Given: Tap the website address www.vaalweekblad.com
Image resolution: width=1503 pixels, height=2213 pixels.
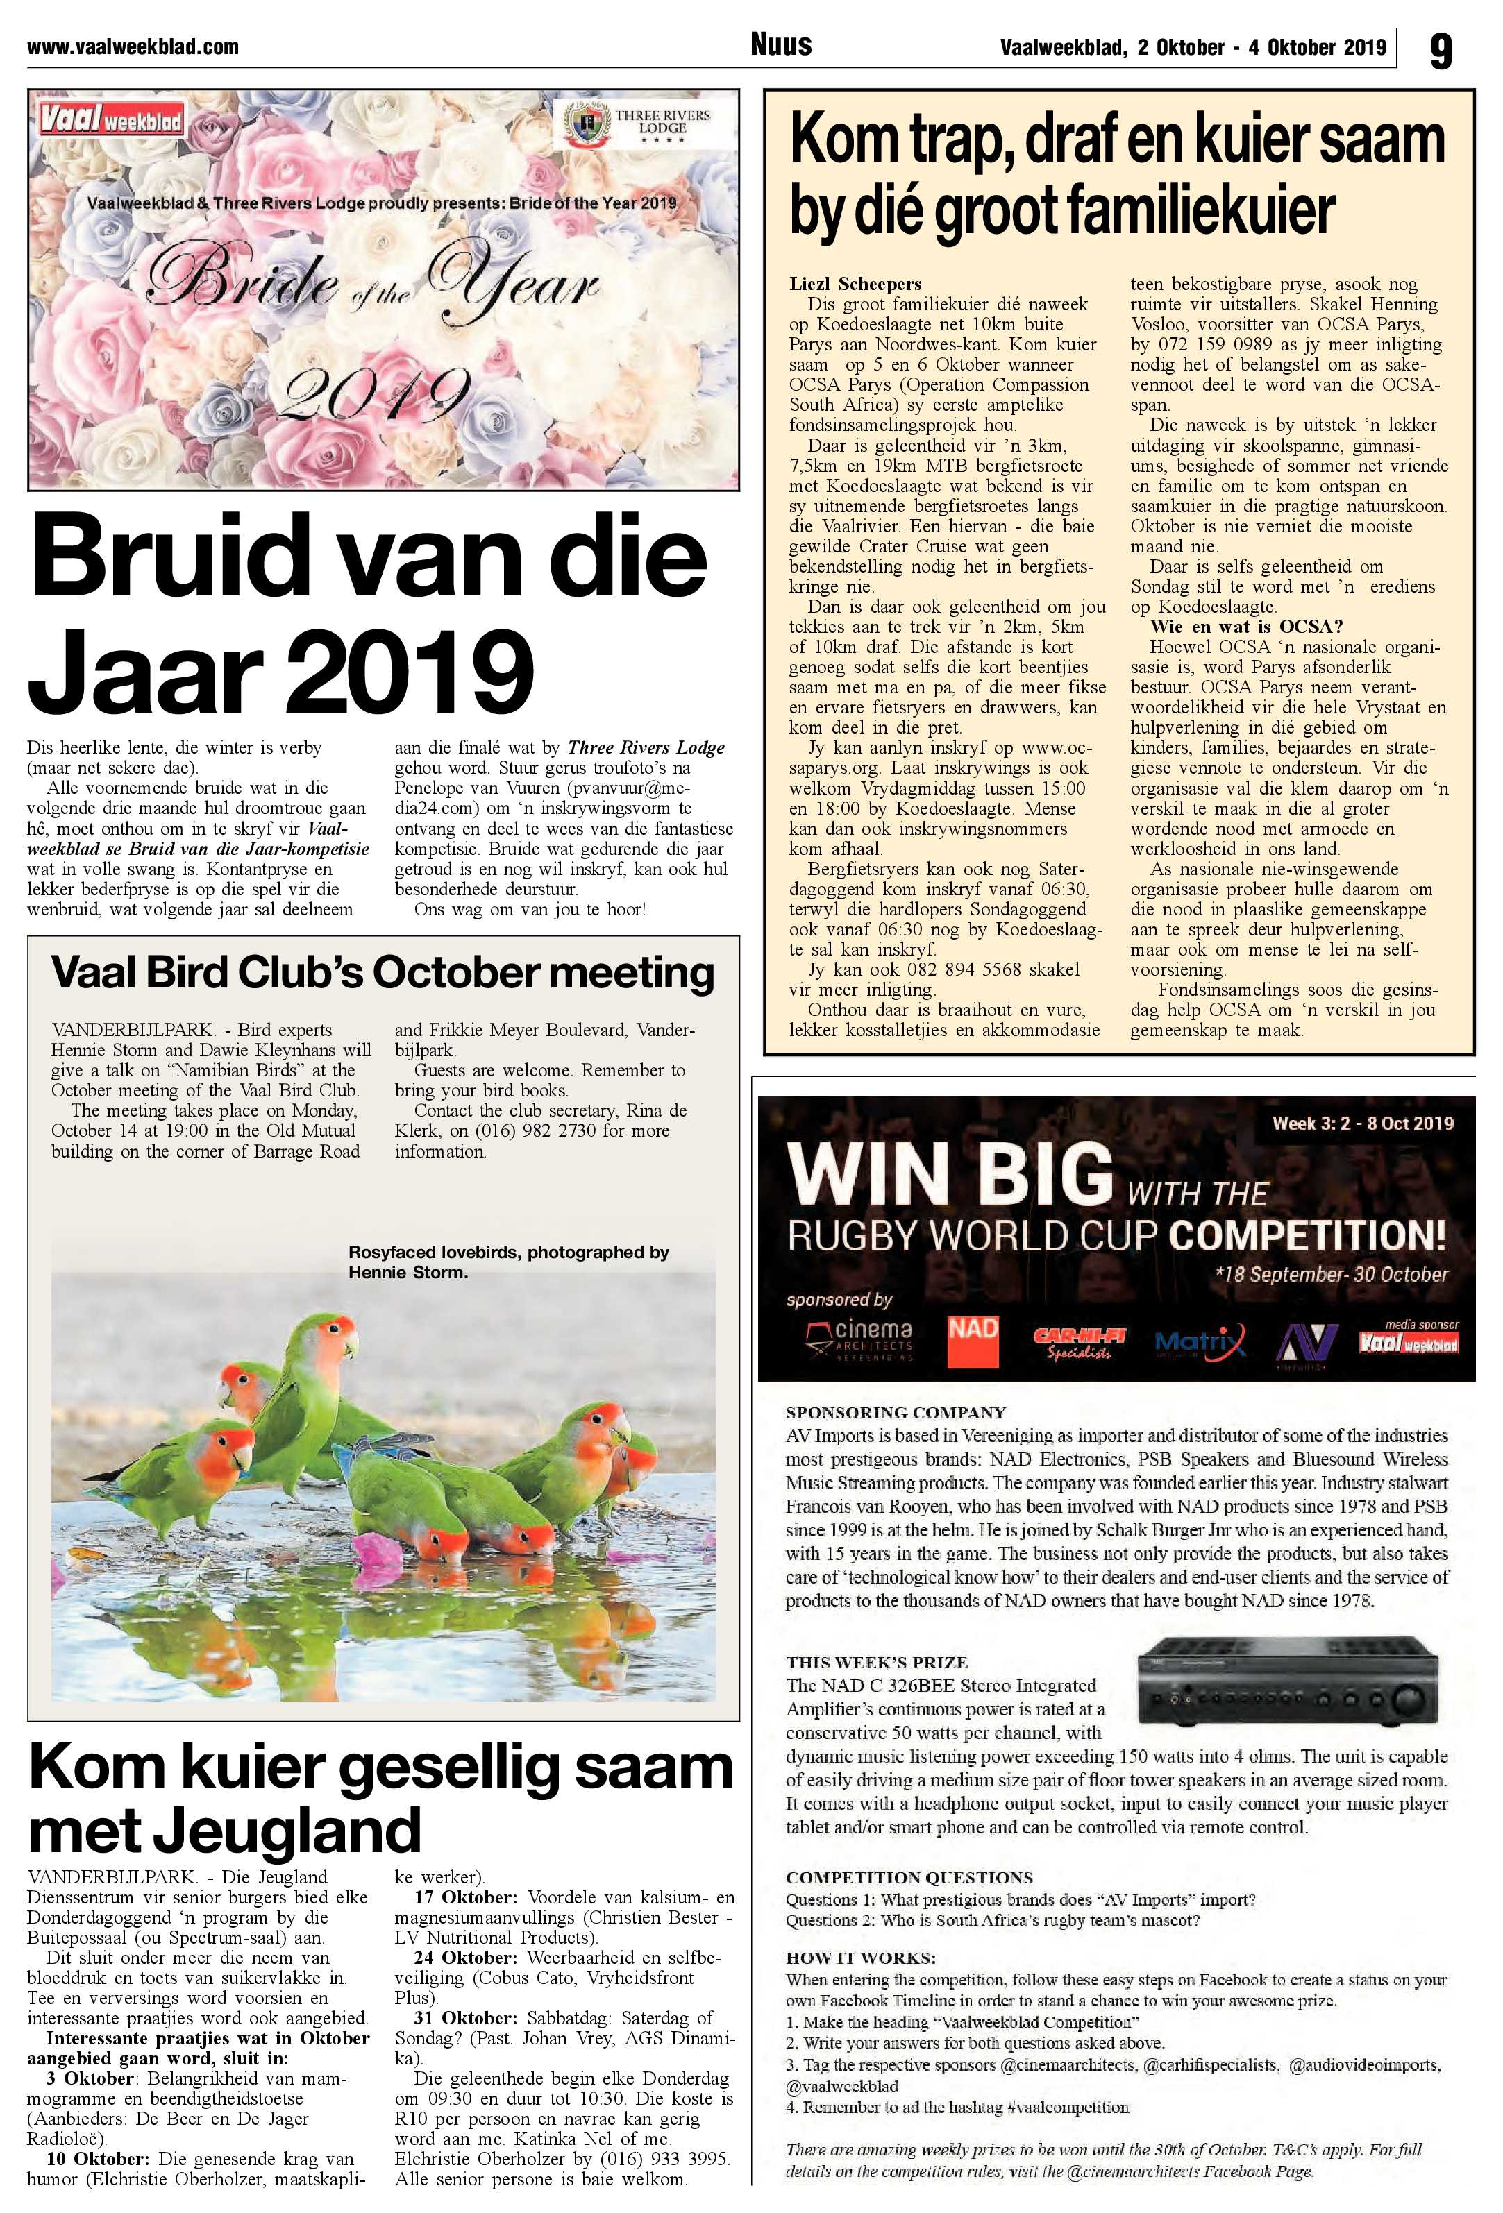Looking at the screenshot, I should (x=133, y=46).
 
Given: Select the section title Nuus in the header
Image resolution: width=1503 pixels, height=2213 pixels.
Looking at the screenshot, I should (x=781, y=44).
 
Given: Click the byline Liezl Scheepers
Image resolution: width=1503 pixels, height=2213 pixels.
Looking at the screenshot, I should (x=855, y=284).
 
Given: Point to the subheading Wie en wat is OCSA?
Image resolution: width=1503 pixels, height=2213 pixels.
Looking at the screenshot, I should (x=1247, y=627).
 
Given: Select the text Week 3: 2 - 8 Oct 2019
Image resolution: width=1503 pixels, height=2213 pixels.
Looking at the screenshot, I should (x=1362, y=1123).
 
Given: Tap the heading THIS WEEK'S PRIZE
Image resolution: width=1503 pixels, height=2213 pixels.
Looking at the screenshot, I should (x=876, y=1661).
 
